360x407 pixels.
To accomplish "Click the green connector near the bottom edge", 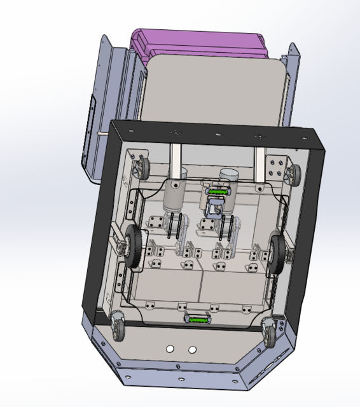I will pyautogui.click(x=197, y=319).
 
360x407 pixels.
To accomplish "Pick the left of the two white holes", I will pyautogui.click(x=170, y=349).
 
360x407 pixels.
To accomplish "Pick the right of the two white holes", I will pyautogui.click(x=192, y=349).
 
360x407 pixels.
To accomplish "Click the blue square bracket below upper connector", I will pyautogui.click(x=215, y=207).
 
